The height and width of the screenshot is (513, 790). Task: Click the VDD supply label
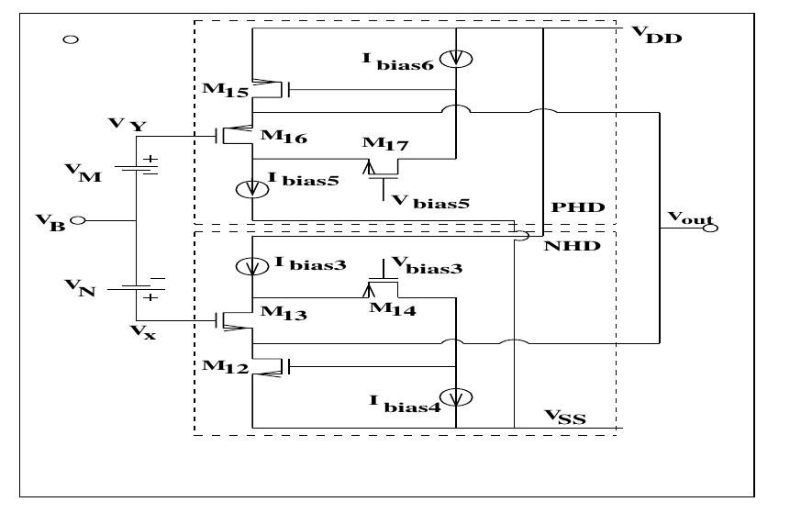[x=657, y=36]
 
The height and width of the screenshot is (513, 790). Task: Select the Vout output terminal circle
[x=711, y=227]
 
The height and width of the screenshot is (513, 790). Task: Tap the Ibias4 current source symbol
[x=456, y=396]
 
